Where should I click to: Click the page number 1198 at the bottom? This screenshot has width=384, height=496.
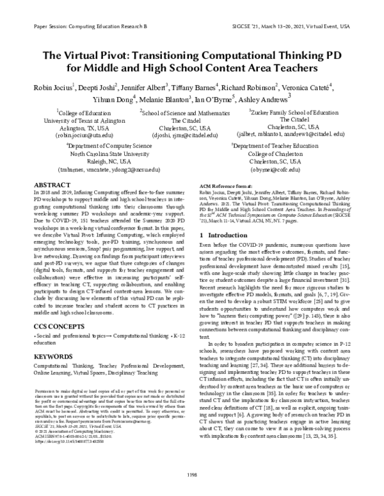point(192,474)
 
